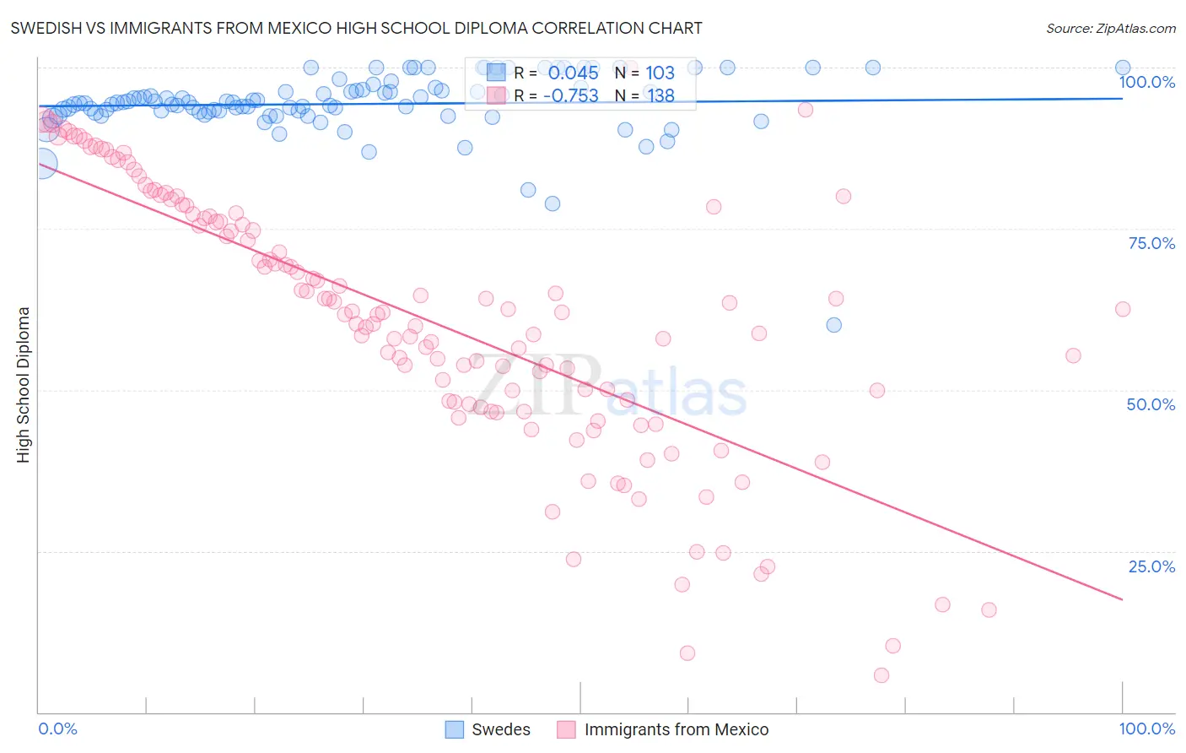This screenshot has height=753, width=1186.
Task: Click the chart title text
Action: pyautogui.click(x=356, y=28)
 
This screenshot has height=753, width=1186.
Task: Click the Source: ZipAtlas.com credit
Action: pyautogui.click(x=1110, y=28)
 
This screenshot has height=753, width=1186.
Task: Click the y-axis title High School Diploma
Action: pyautogui.click(x=24, y=384)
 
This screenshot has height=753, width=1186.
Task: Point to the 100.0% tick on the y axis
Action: pyautogui.click(x=1146, y=82)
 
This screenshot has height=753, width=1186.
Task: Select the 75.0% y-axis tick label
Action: pyautogui.click(x=1151, y=243)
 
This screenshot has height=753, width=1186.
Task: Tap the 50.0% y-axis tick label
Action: pyautogui.click(x=1151, y=404)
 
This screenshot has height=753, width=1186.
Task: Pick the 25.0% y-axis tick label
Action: pyautogui.click(x=1151, y=566)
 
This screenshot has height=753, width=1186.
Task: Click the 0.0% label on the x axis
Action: pyautogui.click(x=57, y=729)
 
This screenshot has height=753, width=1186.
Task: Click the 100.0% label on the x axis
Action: pyautogui.click(x=1146, y=729)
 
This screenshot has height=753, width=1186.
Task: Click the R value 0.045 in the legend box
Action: pyautogui.click(x=573, y=73)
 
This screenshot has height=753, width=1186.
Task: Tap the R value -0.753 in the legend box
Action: pyautogui.click(x=571, y=95)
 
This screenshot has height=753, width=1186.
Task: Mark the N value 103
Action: pyautogui.click(x=660, y=73)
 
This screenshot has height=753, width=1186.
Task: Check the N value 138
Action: pyautogui.click(x=660, y=95)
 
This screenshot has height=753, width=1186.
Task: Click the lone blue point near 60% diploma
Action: pyautogui.click(x=833, y=325)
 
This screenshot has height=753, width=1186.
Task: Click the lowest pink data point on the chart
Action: pyautogui.click(x=881, y=675)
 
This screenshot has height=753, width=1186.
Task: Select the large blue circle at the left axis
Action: pyautogui.click(x=42, y=163)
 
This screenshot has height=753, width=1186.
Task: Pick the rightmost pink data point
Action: pyautogui.click(x=1122, y=309)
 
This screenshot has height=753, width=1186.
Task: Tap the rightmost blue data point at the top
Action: pyautogui.click(x=1123, y=68)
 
